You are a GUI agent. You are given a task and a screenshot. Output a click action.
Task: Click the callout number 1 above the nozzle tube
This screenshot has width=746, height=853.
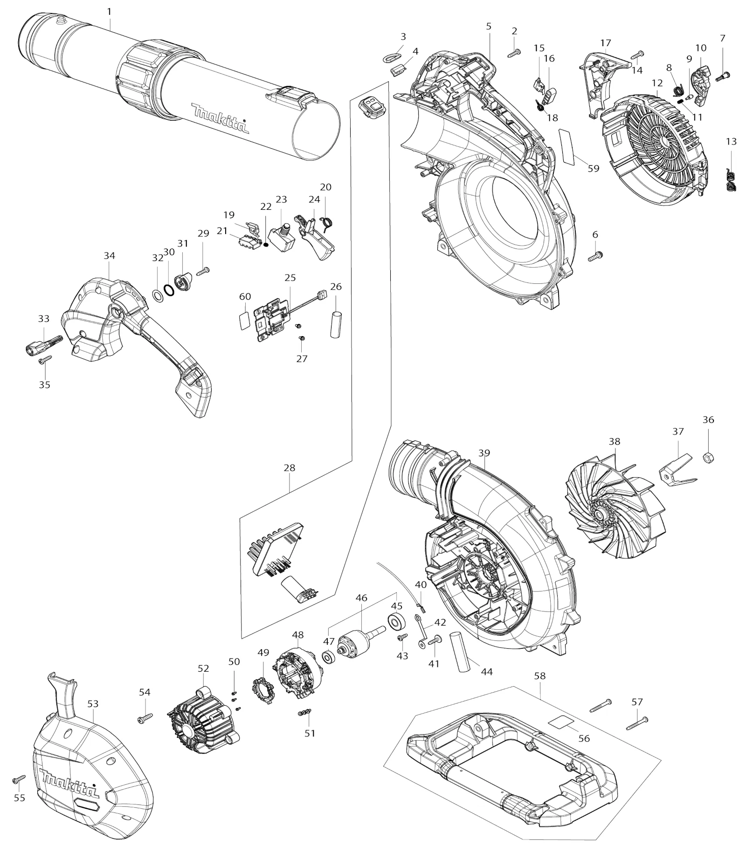[110, 11]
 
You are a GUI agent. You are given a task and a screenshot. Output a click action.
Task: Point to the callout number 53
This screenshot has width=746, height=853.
[93, 703]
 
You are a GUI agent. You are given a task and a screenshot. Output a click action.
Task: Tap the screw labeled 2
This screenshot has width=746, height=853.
[514, 54]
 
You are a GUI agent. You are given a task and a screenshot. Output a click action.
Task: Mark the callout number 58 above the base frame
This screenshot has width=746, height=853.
[540, 675]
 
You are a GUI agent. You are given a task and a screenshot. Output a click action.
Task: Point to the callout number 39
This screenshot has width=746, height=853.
[484, 453]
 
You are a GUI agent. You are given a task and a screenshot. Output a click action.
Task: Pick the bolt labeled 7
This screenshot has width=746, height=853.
[722, 74]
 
